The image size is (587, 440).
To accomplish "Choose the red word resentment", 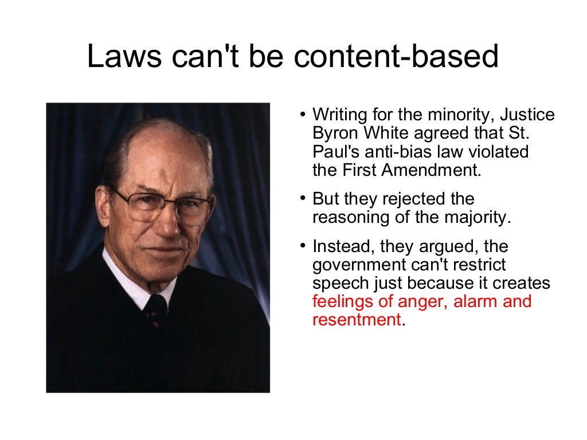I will tap(356, 320).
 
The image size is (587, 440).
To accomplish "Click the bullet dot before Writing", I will tap(302, 115).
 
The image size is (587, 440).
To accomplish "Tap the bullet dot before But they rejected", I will tap(302, 199).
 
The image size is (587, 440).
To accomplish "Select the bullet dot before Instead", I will tap(302, 247).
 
